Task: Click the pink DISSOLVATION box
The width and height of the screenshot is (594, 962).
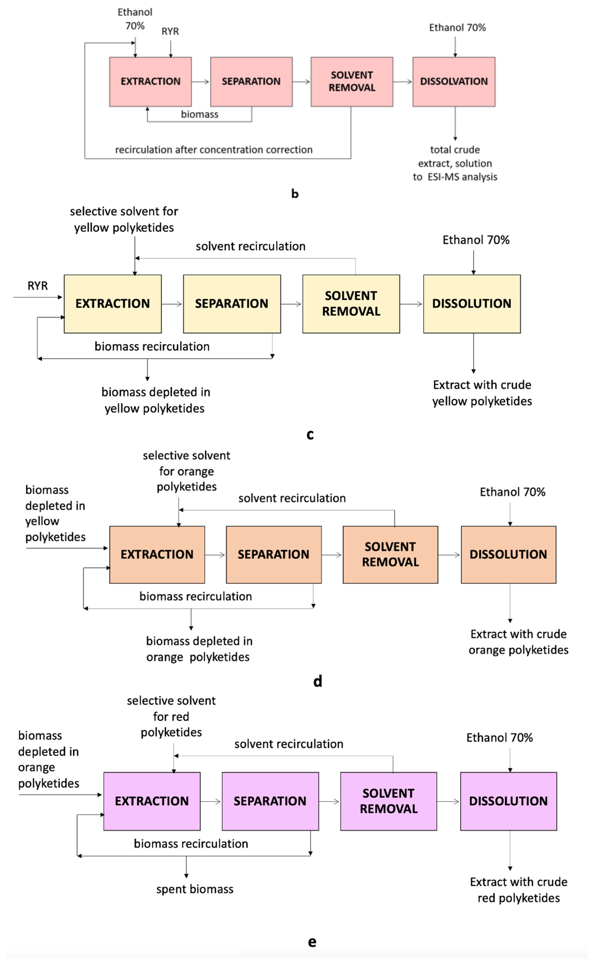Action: tap(454, 82)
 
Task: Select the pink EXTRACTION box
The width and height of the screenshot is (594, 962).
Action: tap(150, 82)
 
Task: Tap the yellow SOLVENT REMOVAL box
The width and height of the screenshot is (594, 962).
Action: tap(351, 304)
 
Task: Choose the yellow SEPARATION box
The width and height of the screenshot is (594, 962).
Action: tap(232, 304)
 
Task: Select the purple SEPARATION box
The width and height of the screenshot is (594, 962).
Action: tap(270, 801)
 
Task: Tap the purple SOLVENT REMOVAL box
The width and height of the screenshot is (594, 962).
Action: tap(388, 801)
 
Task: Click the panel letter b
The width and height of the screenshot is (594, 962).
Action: tap(295, 193)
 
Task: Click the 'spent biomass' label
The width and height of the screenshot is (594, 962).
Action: tap(195, 889)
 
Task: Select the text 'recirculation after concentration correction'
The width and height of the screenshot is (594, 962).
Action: tap(214, 150)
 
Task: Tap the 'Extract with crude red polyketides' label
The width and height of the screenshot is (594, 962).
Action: tap(518, 890)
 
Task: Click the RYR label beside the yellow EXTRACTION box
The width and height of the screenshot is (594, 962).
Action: tap(38, 286)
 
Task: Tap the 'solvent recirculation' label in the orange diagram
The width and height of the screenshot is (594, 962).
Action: tap(292, 498)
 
